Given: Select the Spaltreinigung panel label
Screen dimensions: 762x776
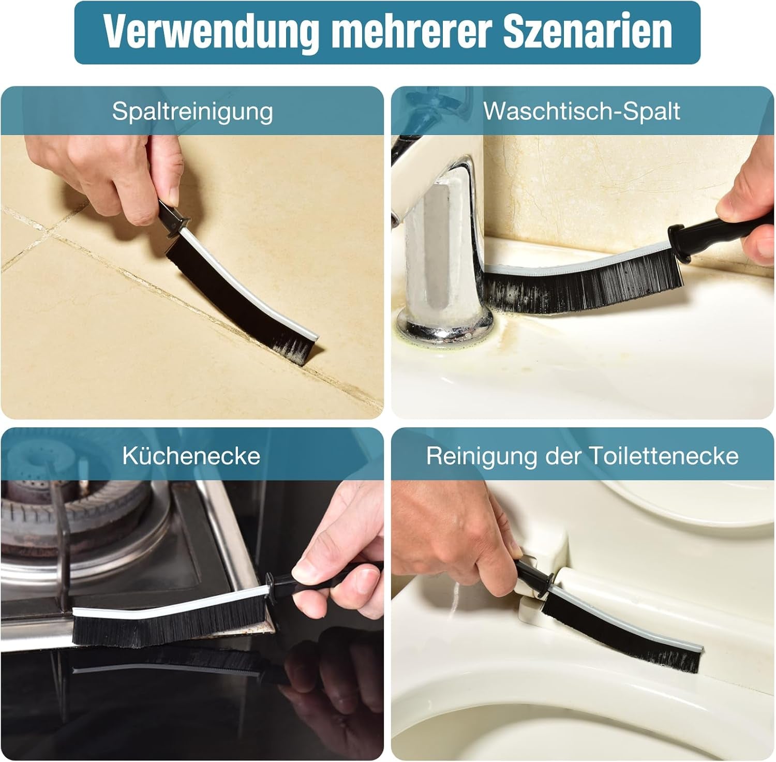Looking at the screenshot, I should pos(192,111).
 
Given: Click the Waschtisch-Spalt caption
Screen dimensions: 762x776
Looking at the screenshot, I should pos(581,111).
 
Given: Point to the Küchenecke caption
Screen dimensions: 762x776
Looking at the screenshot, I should pos(191,456).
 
